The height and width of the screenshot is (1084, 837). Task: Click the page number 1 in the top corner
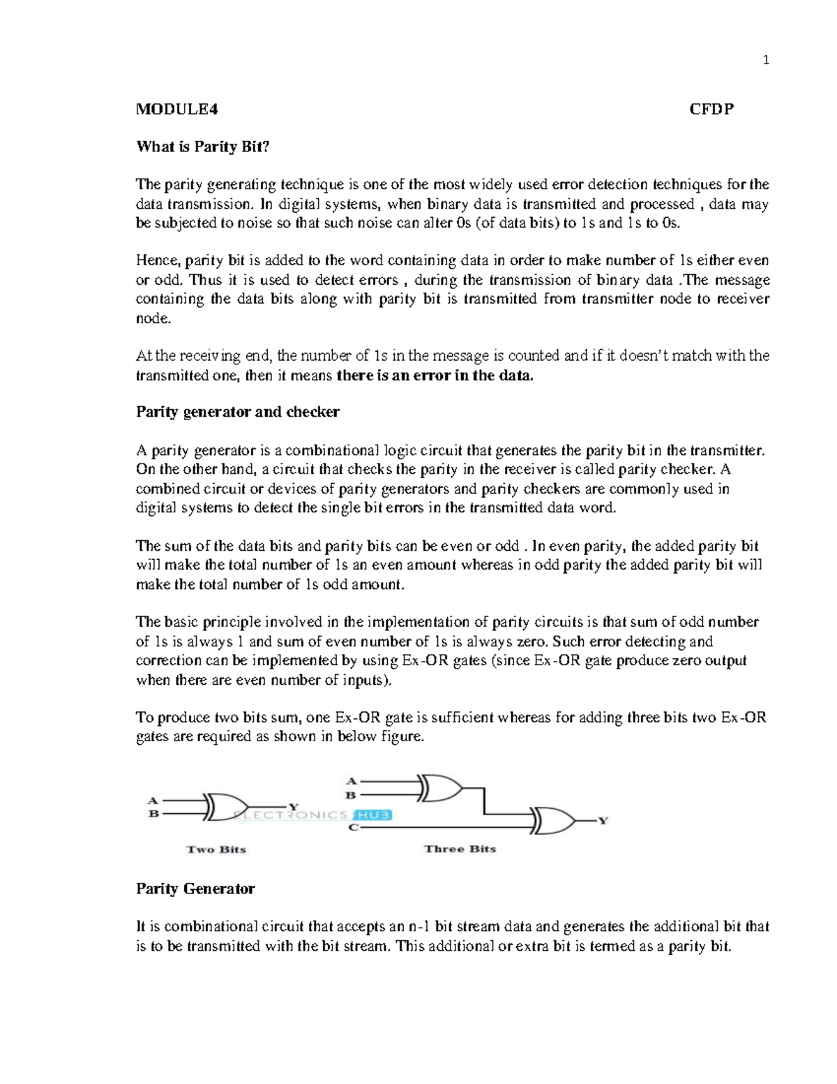point(766,61)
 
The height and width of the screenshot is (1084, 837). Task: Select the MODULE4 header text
point(177,109)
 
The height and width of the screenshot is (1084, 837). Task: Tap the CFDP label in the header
point(711,109)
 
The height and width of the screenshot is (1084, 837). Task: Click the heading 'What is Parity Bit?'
point(202,147)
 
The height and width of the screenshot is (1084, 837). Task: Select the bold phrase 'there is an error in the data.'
point(435,376)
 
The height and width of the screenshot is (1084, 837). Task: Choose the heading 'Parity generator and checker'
point(237,412)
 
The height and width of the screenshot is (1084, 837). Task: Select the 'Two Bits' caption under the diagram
point(216,849)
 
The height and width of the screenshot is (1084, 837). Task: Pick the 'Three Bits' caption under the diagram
point(460,849)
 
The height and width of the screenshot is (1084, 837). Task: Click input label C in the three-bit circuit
point(353,828)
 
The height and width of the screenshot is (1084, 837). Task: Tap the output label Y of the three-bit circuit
point(603,821)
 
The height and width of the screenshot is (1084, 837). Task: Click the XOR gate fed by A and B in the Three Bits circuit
point(440,788)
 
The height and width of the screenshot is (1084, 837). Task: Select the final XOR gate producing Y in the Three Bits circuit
point(553,821)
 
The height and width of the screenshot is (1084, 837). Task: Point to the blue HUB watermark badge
point(373,815)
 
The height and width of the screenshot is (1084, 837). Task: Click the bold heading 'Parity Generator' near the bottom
point(195,889)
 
